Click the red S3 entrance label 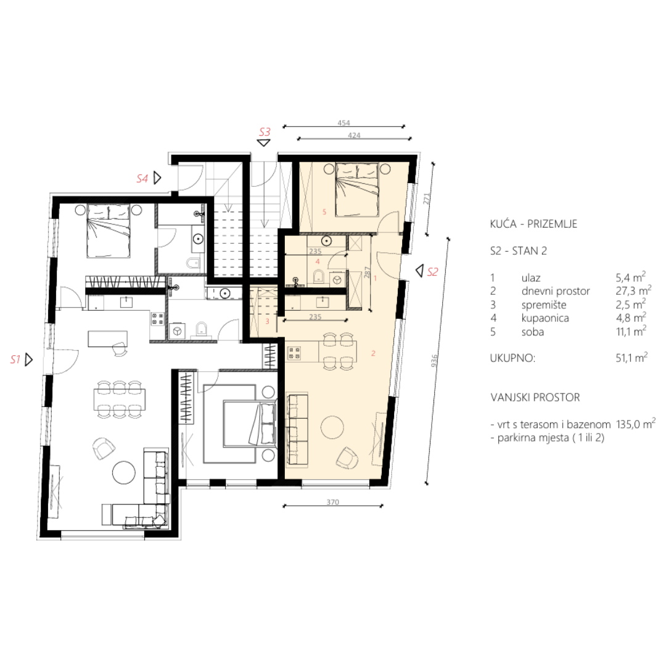pyautogui.click(x=265, y=132)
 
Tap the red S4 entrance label pyautogui.click(x=142, y=179)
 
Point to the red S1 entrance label pyautogui.click(x=15, y=360)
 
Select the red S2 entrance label pyautogui.click(x=432, y=272)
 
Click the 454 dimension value pyautogui.click(x=343, y=123)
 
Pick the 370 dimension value pyautogui.click(x=332, y=502)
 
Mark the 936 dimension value pyautogui.click(x=434, y=361)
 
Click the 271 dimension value pyautogui.click(x=427, y=199)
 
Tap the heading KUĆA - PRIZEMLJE pyautogui.click(x=533, y=224)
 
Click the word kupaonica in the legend pyautogui.click(x=545, y=318)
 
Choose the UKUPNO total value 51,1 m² pyautogui.click(x=632, y=358)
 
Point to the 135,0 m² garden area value pyautogui.click(x=636, y=424)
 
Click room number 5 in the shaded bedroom pyautogui.click(x=324, y=212)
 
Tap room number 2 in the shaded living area pyautogui.click(x=373, y=353)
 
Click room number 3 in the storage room pyautogui.click(x=267, y=321)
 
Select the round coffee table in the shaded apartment pyautogui.click(x=332, y=427)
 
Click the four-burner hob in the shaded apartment pyautogui.click(x=295, y=353)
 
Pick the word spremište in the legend pyautogui.click(x=544, y=305)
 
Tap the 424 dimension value pyautogui.click(x=354, y=135)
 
